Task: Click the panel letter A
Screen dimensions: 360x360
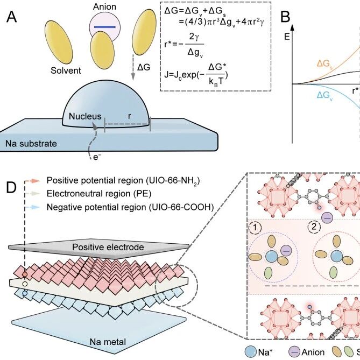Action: (x=11, y=17)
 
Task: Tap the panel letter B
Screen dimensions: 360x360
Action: (x=285, y=17)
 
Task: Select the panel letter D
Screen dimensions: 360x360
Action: (x=11, y=187)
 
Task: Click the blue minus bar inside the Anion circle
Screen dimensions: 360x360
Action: (x=105, y=27)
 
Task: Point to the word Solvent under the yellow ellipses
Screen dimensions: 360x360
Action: (x=66, y=70)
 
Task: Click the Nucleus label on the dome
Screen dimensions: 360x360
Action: (x=85, y=116)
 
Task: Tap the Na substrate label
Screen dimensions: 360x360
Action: (x=31, y=144)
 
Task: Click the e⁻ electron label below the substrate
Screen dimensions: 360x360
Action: (x=97, y=157)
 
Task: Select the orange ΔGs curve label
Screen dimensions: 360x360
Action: (x=324, y=63)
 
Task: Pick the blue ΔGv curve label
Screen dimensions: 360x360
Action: (x=324, y=95)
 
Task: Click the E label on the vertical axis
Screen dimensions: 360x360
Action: (x=287, y=37)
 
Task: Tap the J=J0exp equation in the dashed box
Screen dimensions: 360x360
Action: (x=196, y=75)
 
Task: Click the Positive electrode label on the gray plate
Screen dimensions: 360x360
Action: (x=108, y=247)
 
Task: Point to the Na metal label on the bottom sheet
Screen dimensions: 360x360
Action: (x=108, y=342)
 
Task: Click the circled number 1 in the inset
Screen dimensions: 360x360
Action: (x=255, y=228)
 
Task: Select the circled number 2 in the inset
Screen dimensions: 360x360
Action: (x=314, y=227)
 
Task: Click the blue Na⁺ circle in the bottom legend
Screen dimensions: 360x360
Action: (x=250, y=352)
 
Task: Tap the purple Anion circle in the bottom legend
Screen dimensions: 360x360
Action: (x=294, y=352)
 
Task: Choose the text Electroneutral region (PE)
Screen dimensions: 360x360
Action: (x=99, y=194)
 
